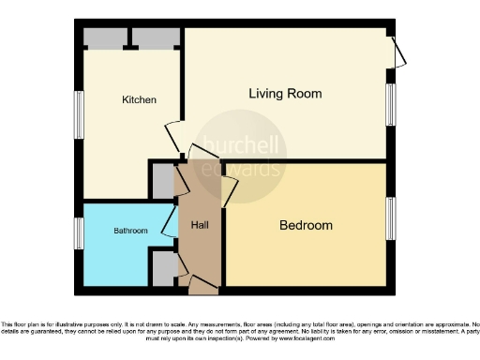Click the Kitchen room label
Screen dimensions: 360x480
click(x=138, y=99)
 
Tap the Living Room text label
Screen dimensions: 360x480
click(x=285, y=94)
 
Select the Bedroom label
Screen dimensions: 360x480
click(x=306, y=226)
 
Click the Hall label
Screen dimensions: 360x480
click(x=200, y=226)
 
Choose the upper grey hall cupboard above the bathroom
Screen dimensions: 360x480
click(x=163, y=181)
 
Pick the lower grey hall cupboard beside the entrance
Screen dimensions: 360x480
click(x=163, y=269)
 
